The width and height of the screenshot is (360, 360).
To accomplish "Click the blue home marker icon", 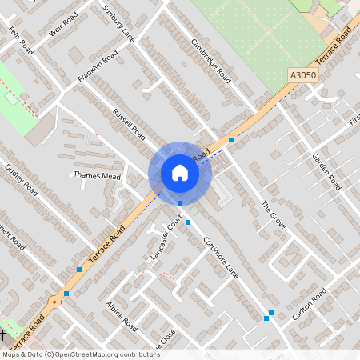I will point(179,173).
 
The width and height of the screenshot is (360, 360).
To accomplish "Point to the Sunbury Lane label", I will point(118,22).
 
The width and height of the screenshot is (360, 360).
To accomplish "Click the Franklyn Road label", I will point(98,66).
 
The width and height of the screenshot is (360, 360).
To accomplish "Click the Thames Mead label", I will point(96,174).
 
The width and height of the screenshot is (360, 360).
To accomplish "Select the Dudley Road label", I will point(22,181).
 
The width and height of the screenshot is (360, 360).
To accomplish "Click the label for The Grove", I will point(273,216).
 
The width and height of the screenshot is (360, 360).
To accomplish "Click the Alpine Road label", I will point(122,318).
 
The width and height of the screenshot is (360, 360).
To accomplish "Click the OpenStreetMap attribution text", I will point(70,354).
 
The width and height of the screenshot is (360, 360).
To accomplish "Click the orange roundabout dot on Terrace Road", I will point(54,302).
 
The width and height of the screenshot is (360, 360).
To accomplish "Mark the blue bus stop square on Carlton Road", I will point(271,313).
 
